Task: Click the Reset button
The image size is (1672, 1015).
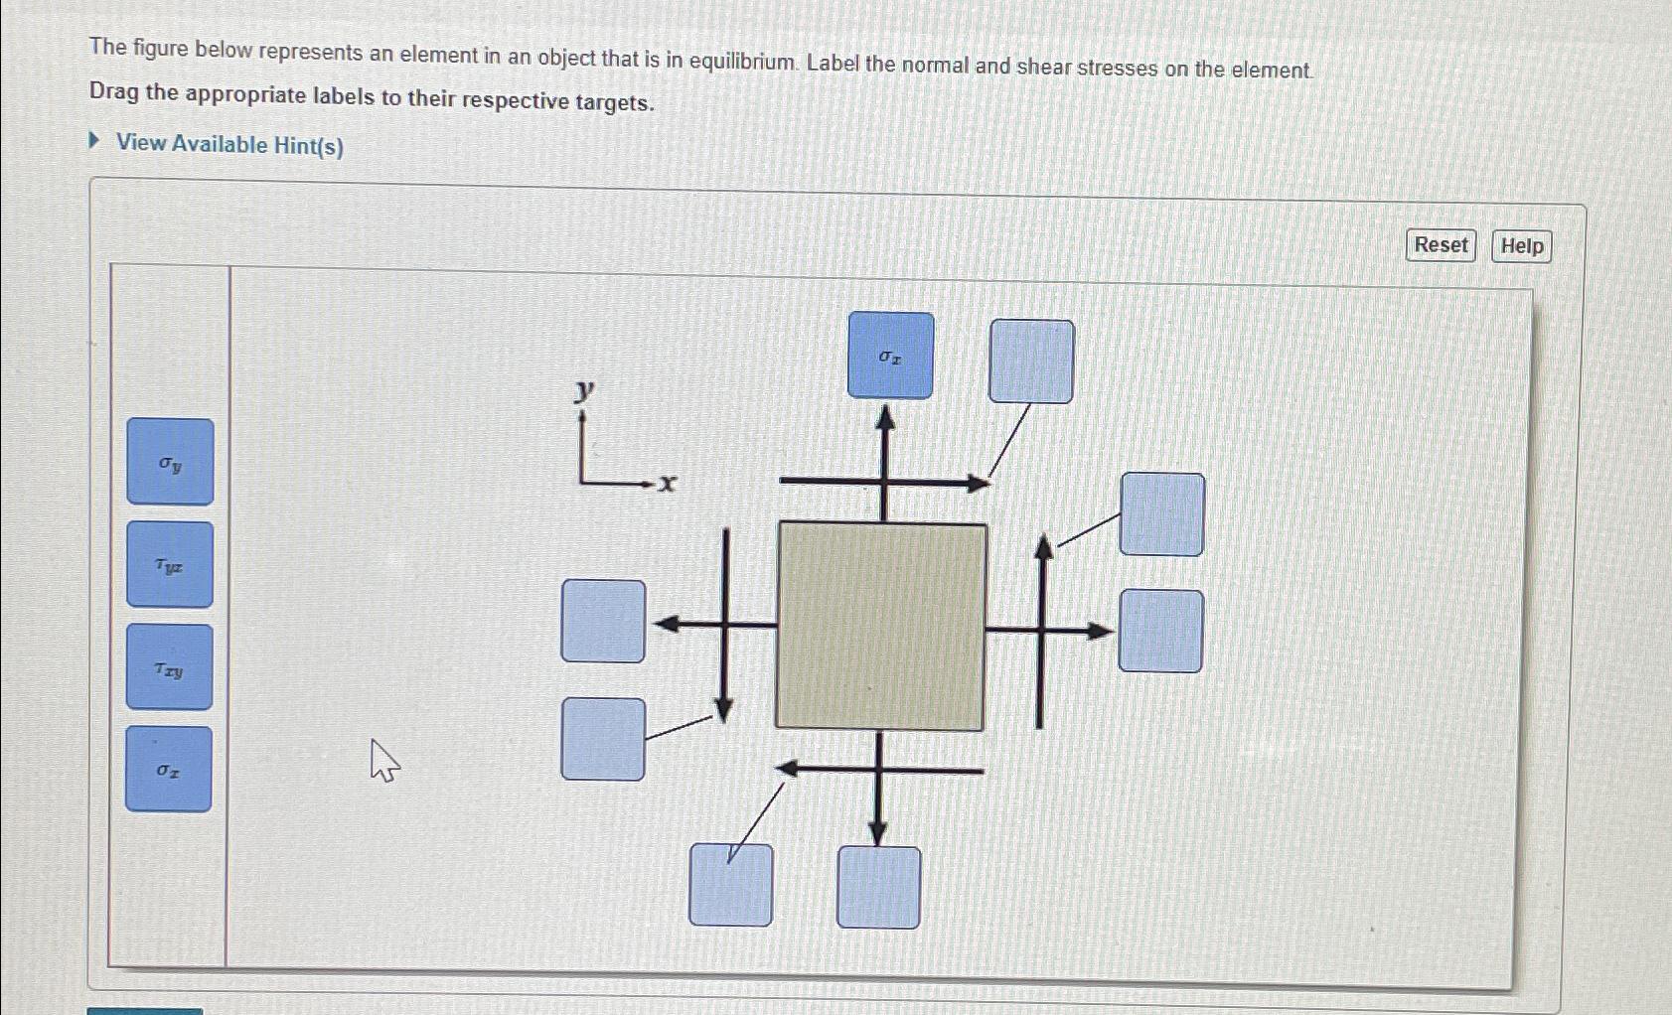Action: coord(1440,245)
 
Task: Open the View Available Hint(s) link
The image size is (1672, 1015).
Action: coord(228,145)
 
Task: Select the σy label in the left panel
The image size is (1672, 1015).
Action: coord(170,462)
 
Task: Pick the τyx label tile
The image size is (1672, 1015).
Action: coord(170,565)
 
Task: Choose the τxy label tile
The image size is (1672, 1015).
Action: coord(169,667)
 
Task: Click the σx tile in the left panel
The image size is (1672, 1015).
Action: coord(168,770)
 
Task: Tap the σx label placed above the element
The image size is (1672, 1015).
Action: coord(890,356)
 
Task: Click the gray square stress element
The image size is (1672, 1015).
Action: coord(881,626)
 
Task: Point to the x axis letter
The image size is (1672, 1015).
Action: coord(668,484)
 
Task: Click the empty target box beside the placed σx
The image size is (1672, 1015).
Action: coord(1031,362)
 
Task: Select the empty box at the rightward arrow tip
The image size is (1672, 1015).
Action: coord(1160,632)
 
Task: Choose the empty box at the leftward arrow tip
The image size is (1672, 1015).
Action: coord(603,622)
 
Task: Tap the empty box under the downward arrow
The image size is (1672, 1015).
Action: coord(878,888)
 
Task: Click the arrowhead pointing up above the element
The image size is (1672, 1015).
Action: coord(885,419)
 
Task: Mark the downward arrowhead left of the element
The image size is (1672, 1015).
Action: coord(724,709)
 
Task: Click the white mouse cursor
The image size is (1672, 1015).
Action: coord(382,759)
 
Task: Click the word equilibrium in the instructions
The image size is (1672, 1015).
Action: coord(742,62)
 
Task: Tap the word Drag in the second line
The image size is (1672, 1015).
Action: coord(113,92)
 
